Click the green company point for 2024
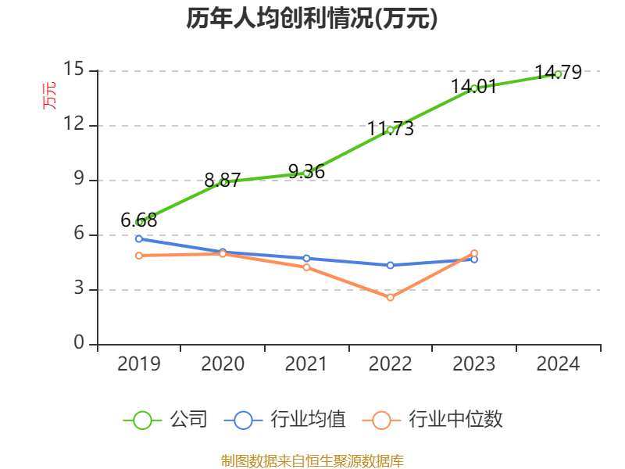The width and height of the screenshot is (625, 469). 558,74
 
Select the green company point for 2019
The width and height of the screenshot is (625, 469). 139,222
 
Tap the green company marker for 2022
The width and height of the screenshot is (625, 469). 390,130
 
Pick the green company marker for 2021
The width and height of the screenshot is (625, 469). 306,173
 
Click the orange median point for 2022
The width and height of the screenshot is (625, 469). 390,297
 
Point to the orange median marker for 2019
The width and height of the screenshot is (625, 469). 139,256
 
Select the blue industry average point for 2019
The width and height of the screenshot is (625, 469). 139,238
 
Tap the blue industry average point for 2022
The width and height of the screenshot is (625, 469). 390,265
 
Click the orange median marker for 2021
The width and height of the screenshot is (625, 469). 306,267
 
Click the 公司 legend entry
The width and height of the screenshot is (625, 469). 166,420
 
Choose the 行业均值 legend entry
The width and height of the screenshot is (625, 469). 285,420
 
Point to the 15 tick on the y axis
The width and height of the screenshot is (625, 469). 74,70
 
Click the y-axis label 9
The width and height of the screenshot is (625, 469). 79,180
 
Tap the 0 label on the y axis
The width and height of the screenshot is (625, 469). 79,343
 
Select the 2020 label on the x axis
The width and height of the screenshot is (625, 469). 223,364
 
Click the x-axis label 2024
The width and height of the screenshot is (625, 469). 558,364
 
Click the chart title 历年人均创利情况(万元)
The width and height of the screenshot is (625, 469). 312,19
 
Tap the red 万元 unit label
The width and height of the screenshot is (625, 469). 49,95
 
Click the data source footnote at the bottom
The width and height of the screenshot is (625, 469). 312,460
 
